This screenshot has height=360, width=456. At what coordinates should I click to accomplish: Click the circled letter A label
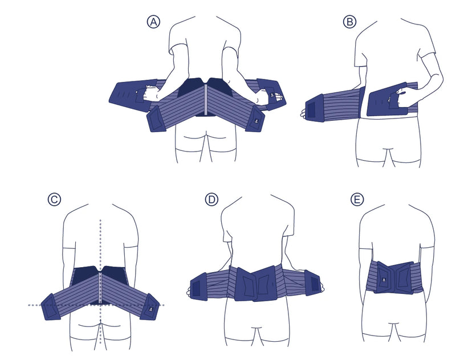pos(153,22)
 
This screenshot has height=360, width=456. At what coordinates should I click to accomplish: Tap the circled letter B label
pos(349,22)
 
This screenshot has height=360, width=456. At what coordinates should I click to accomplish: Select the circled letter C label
pos(54,199)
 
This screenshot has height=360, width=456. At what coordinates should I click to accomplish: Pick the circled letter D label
pos(211,199)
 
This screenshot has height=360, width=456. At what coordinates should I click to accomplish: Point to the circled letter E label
pos(357,199)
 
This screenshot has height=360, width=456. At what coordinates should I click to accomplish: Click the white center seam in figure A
pos(206,99)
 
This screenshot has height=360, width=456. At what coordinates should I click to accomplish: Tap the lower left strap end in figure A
pos(157,119)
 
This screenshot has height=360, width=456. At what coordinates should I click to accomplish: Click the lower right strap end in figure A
pos(255,118)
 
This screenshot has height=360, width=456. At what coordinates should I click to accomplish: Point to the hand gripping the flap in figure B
pos(397,92)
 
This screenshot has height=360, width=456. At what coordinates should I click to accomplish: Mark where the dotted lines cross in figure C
pos(100,305)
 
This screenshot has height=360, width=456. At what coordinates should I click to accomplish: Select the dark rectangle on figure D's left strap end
pos(196,288)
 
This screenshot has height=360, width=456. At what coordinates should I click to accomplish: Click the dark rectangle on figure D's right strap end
pos(315,283)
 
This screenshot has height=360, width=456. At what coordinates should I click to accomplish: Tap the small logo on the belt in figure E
pos(382,280)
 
